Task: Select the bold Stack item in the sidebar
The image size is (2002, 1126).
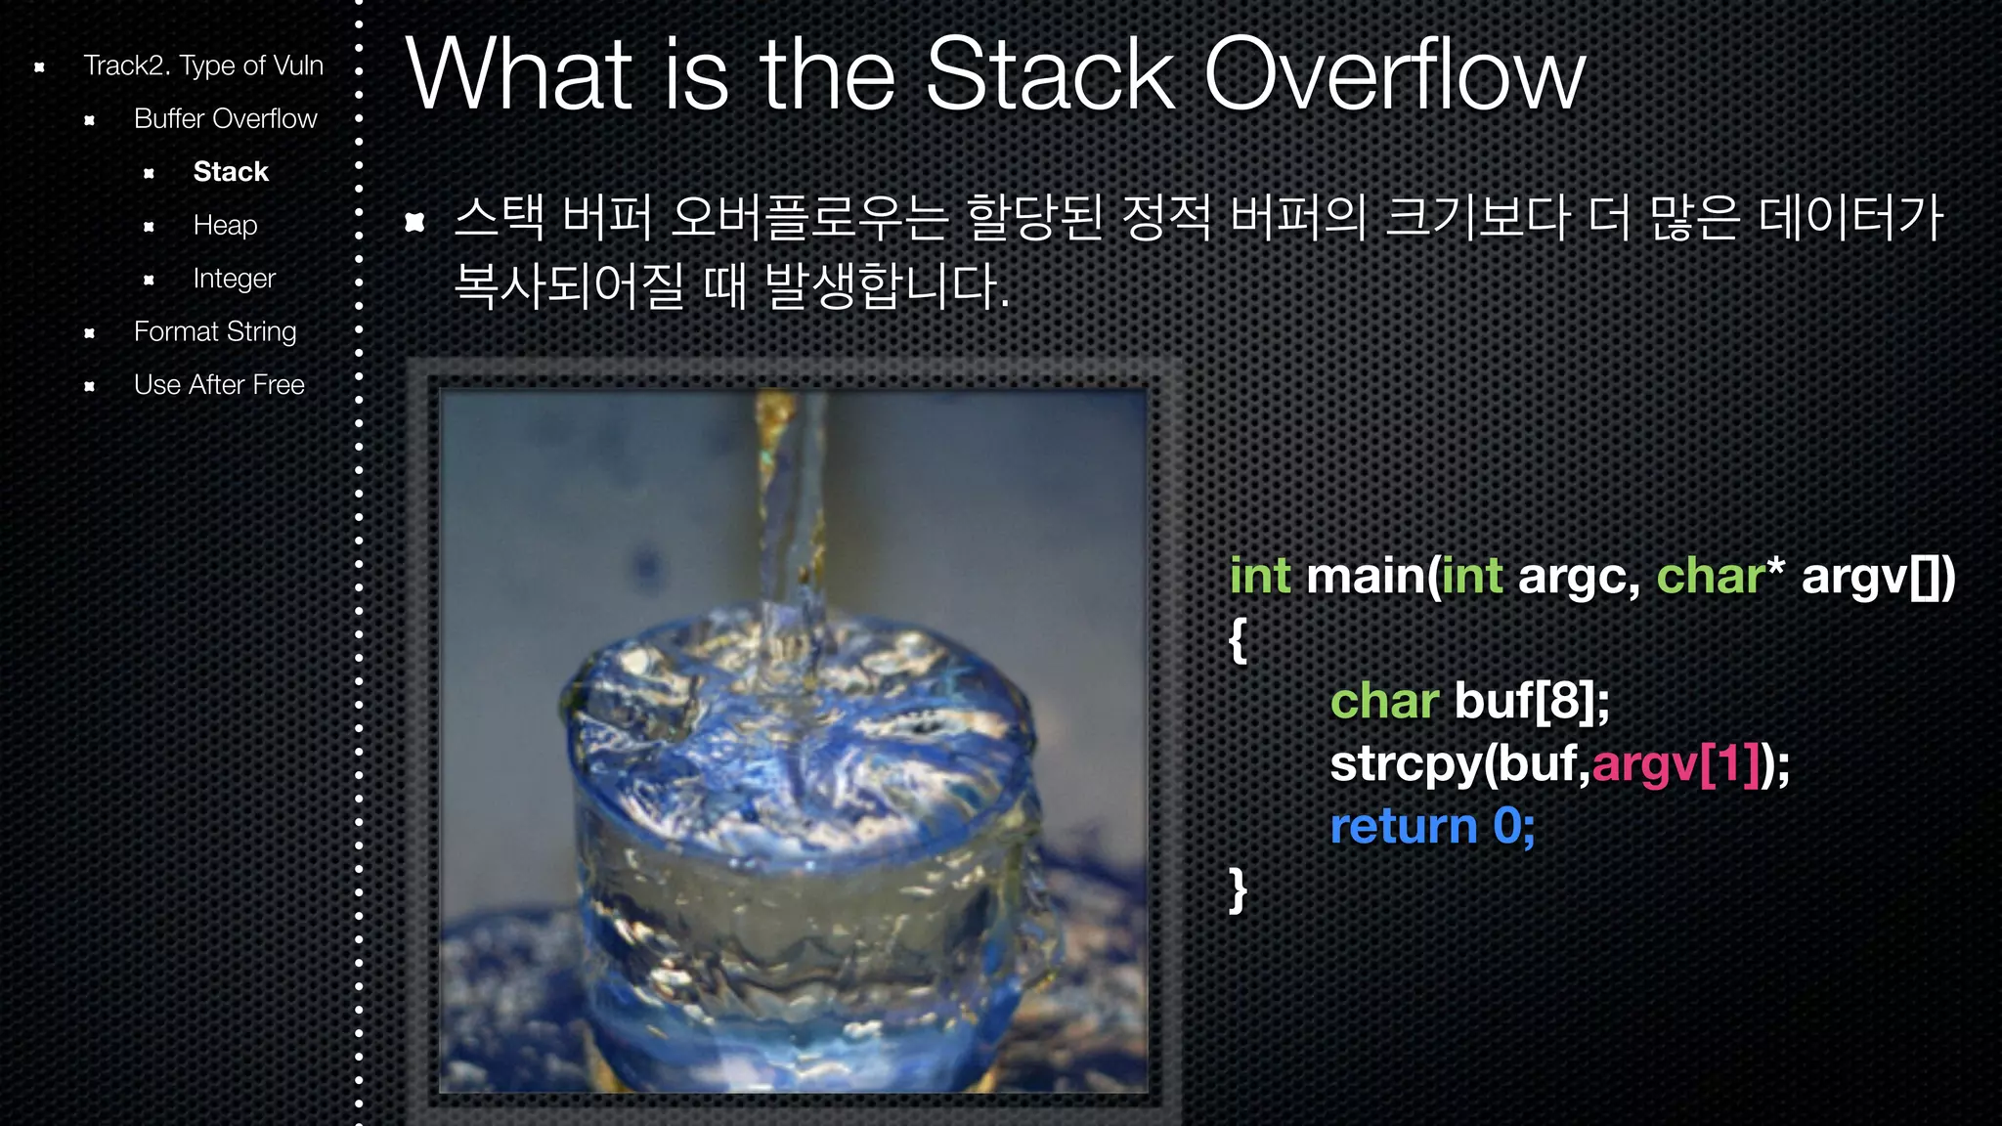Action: click(x=231, y=172)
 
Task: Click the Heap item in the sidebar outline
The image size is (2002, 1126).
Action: click(x=225, y=225)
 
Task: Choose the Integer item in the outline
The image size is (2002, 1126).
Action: click(x=234, y=279)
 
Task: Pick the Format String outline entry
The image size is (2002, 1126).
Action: click(x=214, y=331)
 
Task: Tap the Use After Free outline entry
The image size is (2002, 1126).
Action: click(x=219, y=385)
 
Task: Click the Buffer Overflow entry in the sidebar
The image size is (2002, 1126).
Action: click(x=225, y=119)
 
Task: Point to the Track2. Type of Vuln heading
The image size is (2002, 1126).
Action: click(x=202, y=65)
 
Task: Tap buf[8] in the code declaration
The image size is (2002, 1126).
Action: click(x=1531, y=701)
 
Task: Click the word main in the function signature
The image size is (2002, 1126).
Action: click(x=1366, y=576)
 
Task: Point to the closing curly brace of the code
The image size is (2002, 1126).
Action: click(x=1238, y=889)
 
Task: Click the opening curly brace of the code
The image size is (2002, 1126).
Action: click(x=1238, y=639)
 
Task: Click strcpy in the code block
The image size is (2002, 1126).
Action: click(x=1406, y=763)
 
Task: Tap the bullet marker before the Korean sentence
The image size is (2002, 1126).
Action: click(x=414, y=222)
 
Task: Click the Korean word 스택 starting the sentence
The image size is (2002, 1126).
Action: click(x=499, y=217)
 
